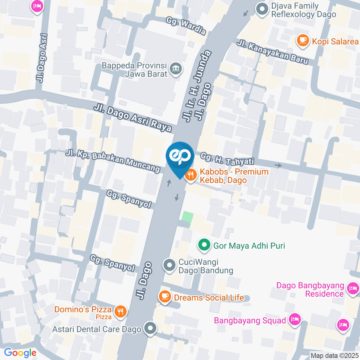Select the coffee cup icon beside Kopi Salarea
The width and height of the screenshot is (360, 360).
(x=302, y=40)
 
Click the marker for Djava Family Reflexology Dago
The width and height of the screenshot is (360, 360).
(x=261, y=9)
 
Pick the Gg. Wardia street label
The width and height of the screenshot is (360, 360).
(x=186, y=26)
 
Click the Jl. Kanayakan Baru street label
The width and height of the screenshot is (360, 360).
(x=273, y=52)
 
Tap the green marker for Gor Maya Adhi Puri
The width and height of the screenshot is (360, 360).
(x=204, y=246)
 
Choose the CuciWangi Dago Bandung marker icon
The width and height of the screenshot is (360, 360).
(x=169, y=266)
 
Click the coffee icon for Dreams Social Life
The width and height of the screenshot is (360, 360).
(x=164, y=297)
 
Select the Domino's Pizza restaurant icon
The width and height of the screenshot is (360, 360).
(x=120, y=311)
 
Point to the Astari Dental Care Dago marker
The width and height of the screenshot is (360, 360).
(x=151, y=328)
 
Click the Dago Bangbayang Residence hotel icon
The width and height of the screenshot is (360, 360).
(x=352, y=288)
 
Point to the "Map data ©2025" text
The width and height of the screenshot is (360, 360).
(x=335, y=355)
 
